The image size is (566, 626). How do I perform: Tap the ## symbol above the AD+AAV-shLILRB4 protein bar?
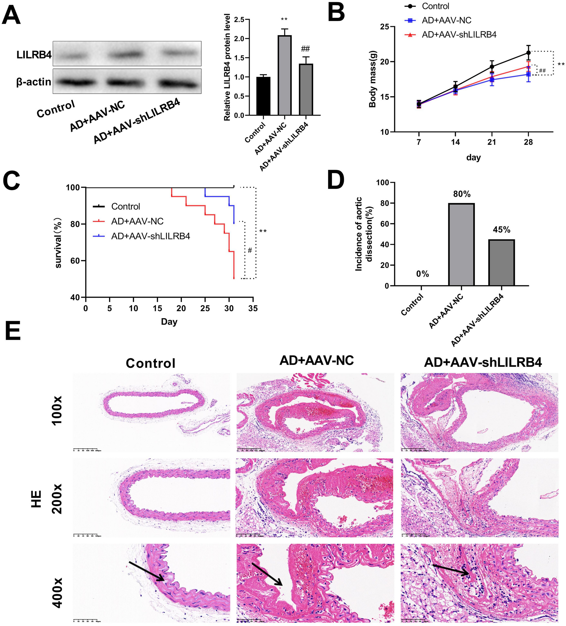[305, 49]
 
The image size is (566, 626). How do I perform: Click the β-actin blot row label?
[34, 82]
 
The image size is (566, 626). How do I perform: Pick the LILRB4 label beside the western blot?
[34, 55]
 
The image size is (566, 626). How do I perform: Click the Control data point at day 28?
[528, 53]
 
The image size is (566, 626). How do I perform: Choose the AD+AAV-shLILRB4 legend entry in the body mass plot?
[459, 35]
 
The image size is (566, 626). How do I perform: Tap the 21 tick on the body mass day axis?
[491, 142]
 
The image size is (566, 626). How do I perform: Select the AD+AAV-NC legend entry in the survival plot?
[137, 221]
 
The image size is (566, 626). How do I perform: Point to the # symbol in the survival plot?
[250, 251]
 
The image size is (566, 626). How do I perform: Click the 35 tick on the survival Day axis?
[253, 308]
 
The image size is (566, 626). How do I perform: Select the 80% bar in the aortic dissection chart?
[461, 244]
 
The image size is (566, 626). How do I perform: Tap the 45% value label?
[501, 230]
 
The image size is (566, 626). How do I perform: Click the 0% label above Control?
[422, 274]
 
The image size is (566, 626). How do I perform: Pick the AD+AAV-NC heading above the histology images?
[317, 360]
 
